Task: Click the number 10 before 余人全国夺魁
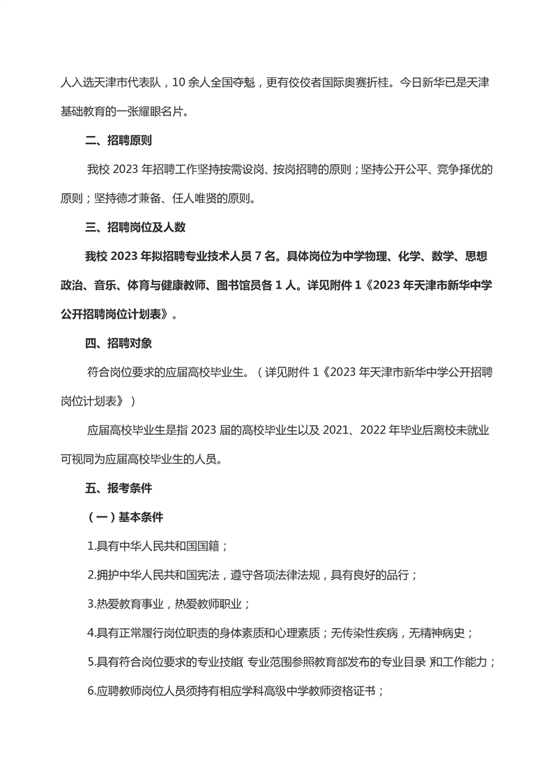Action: click(177, 82)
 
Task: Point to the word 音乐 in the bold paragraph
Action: click(100, 285)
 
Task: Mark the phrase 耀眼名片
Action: click(162, 111)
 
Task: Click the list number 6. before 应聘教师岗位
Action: click(91, 691)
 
